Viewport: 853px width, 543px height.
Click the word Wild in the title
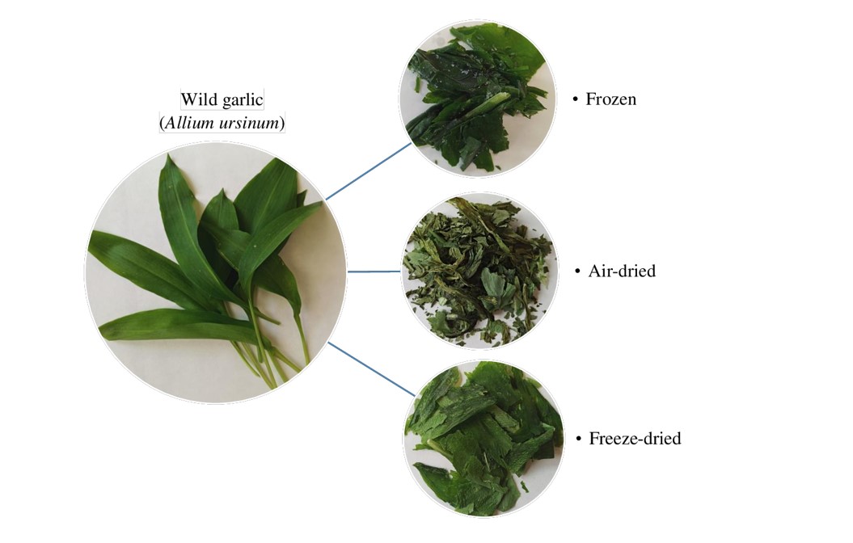[x=198, y=99]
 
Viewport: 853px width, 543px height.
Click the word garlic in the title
[x=242, y=100]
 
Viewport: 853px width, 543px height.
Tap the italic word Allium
[x=188, y=123]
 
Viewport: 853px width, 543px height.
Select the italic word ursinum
[x=248, y=124]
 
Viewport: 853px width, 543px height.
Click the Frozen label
[x=611, y=99]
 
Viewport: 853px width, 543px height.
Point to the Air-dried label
[x=622, y=271]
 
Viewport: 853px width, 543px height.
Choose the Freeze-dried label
[x=635, y=438]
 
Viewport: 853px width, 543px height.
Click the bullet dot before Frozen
[x=575, y=99]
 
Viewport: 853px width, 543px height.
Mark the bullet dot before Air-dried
[x=578, y=271]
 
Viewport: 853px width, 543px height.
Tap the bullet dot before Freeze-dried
[x=579, y=439]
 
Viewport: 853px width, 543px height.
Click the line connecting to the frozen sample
[x=369, y=171]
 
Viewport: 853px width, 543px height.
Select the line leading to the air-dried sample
[x=374, y=271]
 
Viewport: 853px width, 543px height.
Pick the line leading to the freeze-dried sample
[x=372, y=369]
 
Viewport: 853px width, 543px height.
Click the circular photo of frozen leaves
[x=478, y=99]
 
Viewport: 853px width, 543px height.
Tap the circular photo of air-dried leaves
[x=479, y=271]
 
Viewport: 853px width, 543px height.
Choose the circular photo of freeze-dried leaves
[x=483, y=439]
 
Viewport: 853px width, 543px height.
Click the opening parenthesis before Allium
[x=162, y=124]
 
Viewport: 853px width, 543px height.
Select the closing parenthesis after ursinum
[x=282, y=124]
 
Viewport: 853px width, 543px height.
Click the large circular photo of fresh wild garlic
[x=215, y=272]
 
